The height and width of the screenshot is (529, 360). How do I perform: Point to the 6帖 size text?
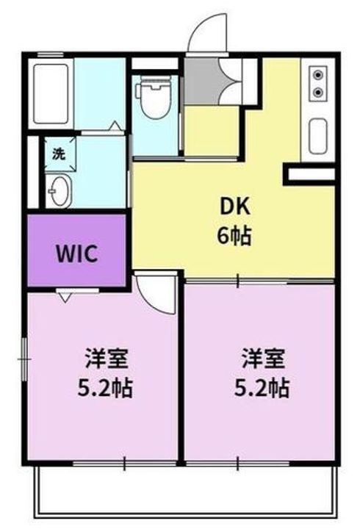[x=234, y=236]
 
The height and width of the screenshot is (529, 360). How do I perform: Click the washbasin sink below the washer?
[x=59, y=191]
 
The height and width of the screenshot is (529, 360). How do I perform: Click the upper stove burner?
[x=318, y=74]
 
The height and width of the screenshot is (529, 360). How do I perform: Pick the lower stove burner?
[x=318, y=92]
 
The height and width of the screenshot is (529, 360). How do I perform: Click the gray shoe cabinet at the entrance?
[x=198, y=81]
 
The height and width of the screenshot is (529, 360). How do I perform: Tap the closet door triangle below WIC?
[x=64, y=296]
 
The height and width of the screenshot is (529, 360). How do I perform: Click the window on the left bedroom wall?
[x=24, y=360]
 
